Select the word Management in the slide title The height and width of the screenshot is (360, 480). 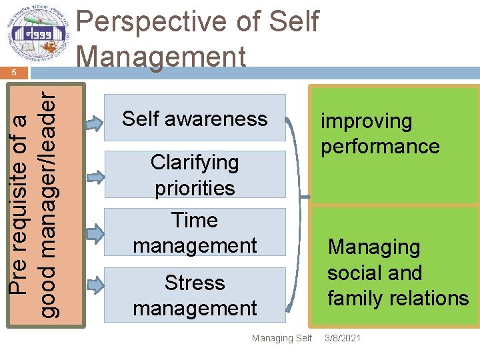(x=161, y=56)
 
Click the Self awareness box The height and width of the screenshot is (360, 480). (x=195, y=119)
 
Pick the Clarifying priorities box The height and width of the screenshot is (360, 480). (x=195, y=175)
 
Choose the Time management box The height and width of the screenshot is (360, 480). (x=195, y=232)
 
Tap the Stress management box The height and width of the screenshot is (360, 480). (x=195, y=295)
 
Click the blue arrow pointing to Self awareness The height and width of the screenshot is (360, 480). (x=96, y=121)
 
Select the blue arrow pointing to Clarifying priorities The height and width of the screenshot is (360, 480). (x=96, y=177)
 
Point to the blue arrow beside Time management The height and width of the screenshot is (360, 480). (x=96, y=233)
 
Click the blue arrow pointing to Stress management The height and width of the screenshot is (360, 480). (x=96, y=285)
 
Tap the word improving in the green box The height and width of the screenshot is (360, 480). (x=367, y=121)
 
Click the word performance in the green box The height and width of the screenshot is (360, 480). (x=380, y=146)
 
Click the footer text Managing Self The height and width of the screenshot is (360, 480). (x=281, y=338)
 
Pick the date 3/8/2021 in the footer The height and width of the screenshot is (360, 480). (x=343, y=338)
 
